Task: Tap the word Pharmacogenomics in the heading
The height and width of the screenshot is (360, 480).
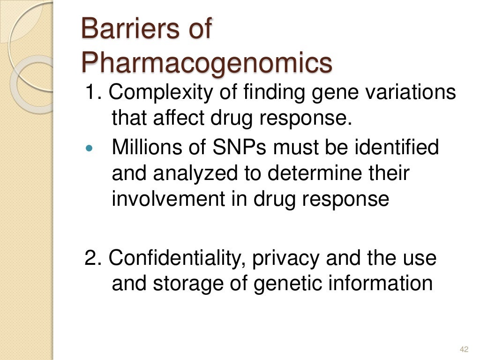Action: pyautogui.click(x=207, y=63)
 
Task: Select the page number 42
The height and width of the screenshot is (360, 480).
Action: pyautogui.click(x=465, y=349)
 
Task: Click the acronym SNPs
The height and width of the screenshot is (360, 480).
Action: pyautogui.click(x=238, y=148)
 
